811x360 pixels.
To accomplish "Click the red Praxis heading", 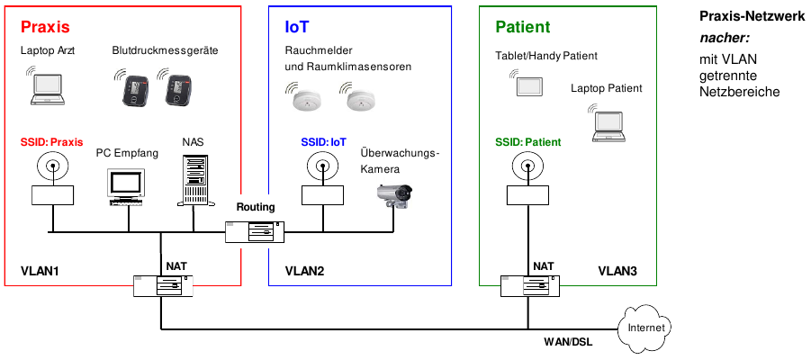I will click(x=45, y=28).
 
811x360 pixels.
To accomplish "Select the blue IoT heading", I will click(x=297, y=28).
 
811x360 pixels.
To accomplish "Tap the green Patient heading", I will click(x=522, y=28).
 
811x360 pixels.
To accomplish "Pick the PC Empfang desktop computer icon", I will click(x=126, y=185).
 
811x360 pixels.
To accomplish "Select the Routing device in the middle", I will click(x=255, y=231).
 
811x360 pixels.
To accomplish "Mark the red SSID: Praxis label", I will click(x=51, y=142).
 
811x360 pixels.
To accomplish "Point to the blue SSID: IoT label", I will click(x=323, y=142).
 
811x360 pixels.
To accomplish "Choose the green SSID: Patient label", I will click(x=527, y=142).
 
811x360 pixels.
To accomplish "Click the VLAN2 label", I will click(x=303, y=270).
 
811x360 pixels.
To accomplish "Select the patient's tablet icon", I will click(x=529, y=86).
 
